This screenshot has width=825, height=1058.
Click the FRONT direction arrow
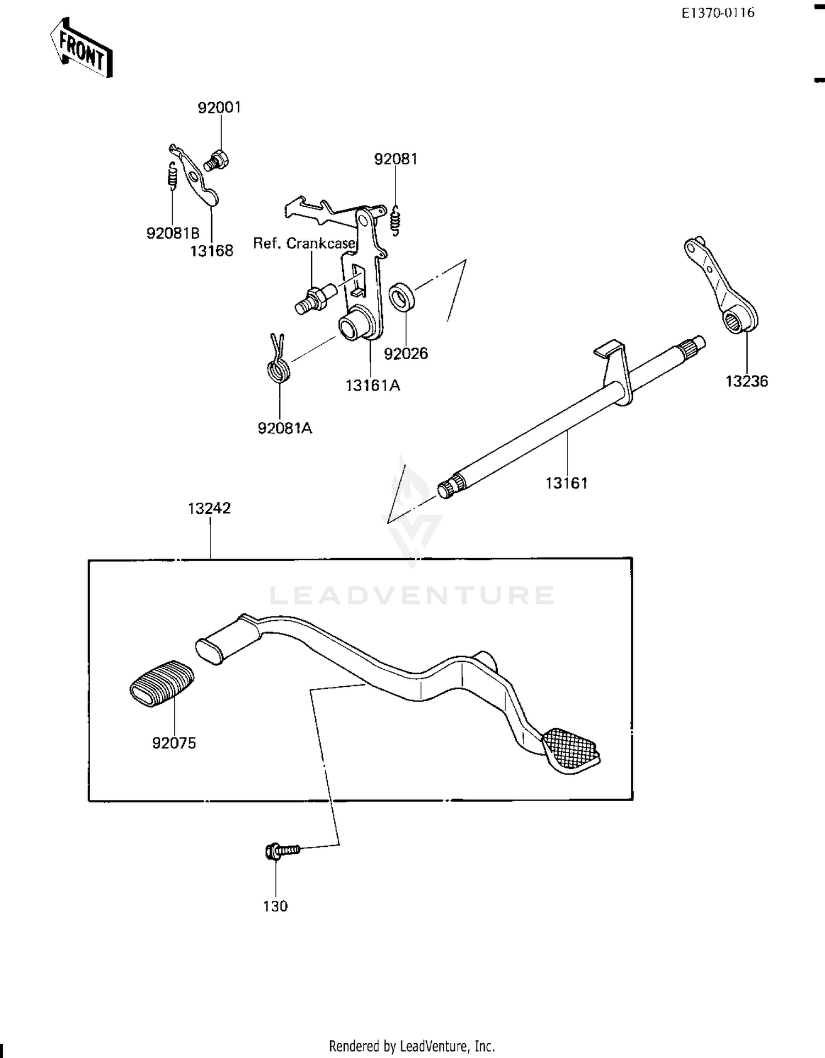[81, 48]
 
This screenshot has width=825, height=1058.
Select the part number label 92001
[219, 107]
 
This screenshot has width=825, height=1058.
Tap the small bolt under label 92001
[217, 161]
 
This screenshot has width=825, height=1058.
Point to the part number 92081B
[173, 233]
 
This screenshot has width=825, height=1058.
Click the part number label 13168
[212, 251]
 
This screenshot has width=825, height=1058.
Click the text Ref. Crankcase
[304, 243]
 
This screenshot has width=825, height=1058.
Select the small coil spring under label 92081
[395, 220]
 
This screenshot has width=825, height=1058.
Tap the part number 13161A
[372, 385]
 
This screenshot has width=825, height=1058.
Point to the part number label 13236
[746, 381]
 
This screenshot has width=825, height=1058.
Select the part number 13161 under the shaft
[566, 483]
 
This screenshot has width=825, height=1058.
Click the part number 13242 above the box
[209, 508]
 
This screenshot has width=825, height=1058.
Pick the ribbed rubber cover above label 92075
[162, 683]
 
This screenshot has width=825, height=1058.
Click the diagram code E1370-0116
[718, 13]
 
